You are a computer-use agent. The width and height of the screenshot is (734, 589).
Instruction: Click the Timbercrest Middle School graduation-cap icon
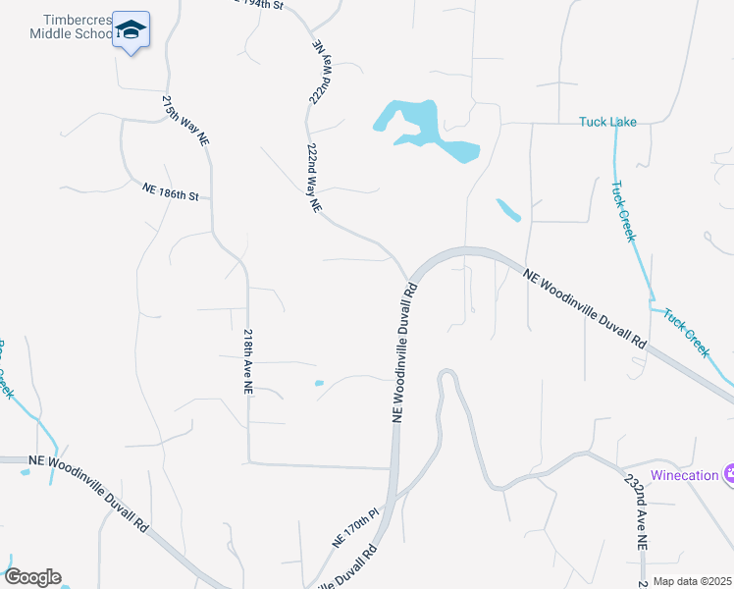(x=130, y=32)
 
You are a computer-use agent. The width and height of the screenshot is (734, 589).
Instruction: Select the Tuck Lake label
(x=607, y=122)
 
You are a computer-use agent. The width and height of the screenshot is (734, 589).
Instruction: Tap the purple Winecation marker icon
(x=730, y=474)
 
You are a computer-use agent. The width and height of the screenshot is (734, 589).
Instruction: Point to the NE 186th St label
(x=171, y=191)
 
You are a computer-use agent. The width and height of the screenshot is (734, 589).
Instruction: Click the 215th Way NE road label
(x=186, y=121)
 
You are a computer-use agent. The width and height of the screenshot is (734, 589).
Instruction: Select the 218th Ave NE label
(x=248, y=361)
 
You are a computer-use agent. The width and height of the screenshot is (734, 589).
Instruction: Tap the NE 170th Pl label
(x=355, y=528)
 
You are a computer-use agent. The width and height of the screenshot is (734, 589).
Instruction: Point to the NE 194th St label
(x=260, y=5)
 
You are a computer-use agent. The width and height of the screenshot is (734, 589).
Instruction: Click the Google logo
(x=32, y=577)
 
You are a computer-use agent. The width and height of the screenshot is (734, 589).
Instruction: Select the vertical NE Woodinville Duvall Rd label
(x=404, y=353)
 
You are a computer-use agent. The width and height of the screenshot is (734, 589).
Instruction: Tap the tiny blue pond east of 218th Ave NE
(x=318, y=383)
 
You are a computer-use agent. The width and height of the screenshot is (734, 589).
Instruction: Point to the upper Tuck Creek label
(x=623, y=211)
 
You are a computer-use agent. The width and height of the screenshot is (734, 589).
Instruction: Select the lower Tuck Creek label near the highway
(x=686, y=333)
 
